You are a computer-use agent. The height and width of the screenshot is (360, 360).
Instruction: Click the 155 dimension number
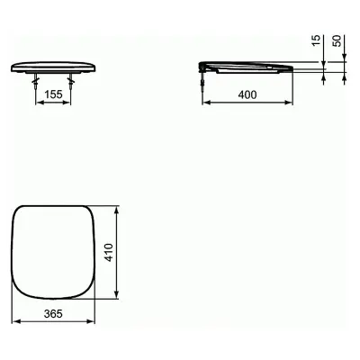[53, 94]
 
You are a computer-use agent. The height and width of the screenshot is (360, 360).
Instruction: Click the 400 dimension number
[247, 94]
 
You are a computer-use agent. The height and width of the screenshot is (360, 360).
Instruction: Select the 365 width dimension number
[53, 314]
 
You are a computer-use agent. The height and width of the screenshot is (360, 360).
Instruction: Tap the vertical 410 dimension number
[109, 253]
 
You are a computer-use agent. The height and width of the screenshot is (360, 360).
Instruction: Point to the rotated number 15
[316, 40]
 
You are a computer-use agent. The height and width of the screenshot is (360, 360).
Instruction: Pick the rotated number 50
[337, 40]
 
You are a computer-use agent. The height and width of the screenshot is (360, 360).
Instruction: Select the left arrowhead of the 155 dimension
[40, 103]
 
